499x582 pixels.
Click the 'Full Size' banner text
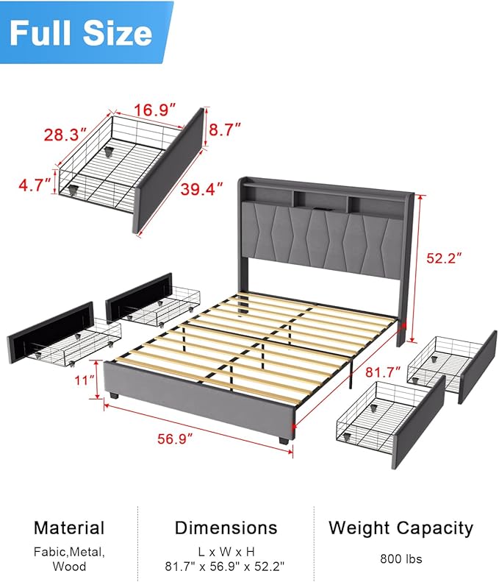coord(81,33)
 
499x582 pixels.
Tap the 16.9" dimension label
coord(154,110)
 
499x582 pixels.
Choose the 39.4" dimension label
coord(201,190)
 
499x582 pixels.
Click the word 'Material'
coord(69,528)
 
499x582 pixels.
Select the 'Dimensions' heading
coord(226,528)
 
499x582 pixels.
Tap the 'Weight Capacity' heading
coord(401,528)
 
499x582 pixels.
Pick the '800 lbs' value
coord(401,558)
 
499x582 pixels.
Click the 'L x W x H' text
coord(226,551)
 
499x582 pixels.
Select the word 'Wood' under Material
coord(69,567)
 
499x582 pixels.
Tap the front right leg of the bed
coord(284,441)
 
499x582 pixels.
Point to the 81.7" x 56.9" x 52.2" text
coord(226,567)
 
